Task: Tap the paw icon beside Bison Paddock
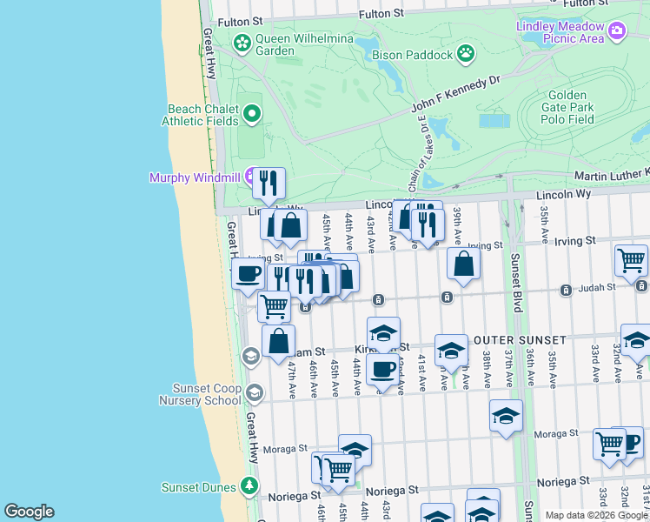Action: (467, 54)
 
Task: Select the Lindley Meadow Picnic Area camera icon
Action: (617, 32)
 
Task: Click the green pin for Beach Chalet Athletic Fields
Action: (252, 113)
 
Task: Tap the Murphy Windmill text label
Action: (195, 177)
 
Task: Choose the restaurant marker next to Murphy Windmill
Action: (269, 184)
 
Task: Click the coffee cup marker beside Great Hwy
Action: (249, 273)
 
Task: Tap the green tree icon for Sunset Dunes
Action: (251, 486)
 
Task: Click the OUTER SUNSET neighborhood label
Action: (520, 339)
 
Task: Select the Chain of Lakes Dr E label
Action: (423, 157)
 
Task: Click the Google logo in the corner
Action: (29, 512)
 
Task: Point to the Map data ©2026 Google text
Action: (596, 515)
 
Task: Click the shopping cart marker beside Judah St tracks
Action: (274, 306)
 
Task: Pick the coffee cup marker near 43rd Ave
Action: (382, 370)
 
